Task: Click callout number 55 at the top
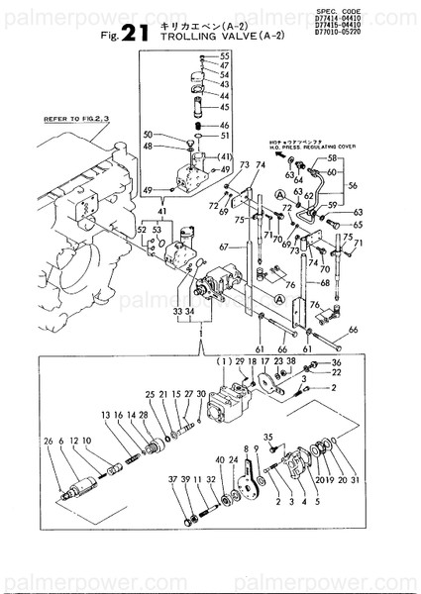225,54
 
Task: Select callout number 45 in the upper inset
225,107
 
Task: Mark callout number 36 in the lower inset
336,363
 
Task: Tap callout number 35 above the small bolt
267,436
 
